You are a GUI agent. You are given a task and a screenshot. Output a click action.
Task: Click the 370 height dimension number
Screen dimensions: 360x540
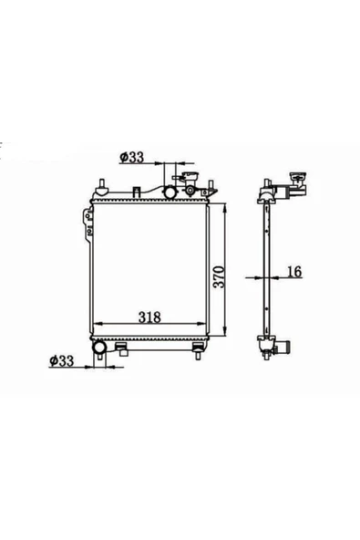pos(219,276)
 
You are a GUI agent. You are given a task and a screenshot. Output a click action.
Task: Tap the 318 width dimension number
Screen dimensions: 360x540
pos(149,317)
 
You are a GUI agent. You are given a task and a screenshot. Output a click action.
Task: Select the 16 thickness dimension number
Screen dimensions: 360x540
pos(293,272)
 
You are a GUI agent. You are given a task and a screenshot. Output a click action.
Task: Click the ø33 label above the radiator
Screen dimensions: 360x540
pos(131,157)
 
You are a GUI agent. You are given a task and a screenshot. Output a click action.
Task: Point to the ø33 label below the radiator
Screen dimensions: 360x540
pos(62,360)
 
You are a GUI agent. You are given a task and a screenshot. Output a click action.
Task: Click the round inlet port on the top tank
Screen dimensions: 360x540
pos(170,192)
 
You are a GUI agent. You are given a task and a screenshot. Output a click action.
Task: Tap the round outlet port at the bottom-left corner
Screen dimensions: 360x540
pos(99,348)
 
